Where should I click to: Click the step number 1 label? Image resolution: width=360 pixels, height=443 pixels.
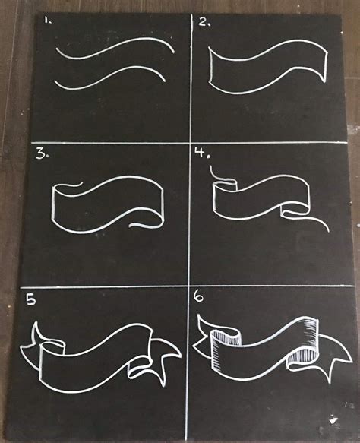coord(47,21)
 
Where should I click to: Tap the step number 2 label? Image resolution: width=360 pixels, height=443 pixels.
coord(204,21)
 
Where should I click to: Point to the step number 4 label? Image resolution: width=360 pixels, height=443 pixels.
coord(202,153)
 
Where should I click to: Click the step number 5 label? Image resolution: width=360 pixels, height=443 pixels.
coord(31,299)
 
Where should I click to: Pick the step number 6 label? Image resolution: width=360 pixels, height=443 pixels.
coord(199,297)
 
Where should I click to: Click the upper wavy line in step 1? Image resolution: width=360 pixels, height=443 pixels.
coord(115,47)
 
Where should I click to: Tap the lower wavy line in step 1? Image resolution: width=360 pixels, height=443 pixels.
coord(110,78)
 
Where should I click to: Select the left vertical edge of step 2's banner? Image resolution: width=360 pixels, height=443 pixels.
coord(210,65)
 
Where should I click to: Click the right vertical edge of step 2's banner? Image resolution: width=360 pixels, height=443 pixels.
coord(326,66)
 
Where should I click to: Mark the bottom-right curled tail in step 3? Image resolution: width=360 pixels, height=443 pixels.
coord(147,223)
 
